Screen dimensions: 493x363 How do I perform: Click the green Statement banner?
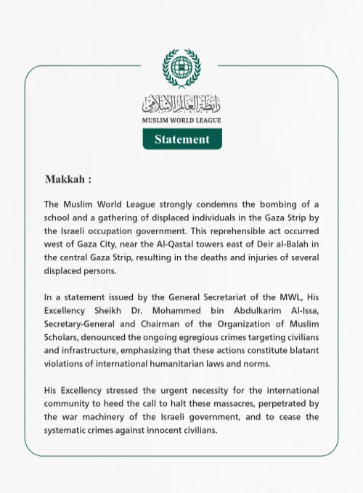click(181, 138)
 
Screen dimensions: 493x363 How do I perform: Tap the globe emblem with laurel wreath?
click(181, 68)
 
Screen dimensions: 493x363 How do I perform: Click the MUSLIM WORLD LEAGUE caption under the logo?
click(181, 120)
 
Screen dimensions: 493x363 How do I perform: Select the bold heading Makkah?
click(68, 179)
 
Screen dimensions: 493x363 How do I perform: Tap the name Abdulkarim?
click(245, 310)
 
